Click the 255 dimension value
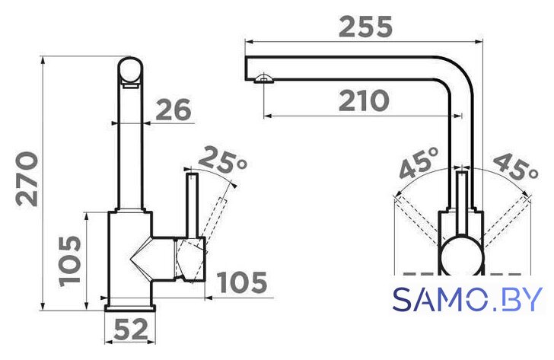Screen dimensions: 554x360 pos(365,27)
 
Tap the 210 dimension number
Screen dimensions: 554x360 pos(364,100)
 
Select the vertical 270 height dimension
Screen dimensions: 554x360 pos(27,179)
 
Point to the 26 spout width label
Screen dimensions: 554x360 pos(174,110)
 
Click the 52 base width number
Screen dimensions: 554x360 pos(130,330)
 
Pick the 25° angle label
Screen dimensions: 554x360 pos(222,160)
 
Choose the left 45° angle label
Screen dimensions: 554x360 pos(419,163)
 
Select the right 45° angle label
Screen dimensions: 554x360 pos(516,167)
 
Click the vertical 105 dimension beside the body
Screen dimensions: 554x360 pos(70,261)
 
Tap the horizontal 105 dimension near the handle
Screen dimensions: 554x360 pos(242,282)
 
